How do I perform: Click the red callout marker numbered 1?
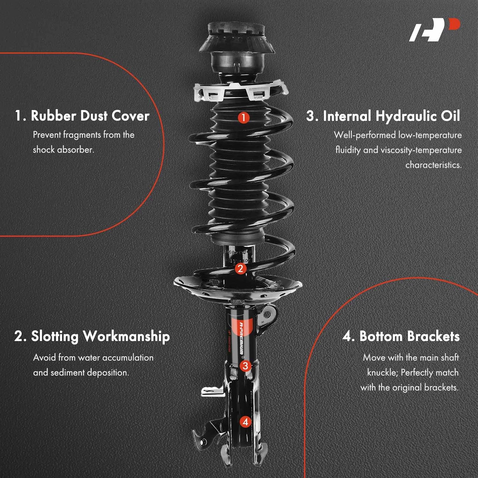[x=243, y=118]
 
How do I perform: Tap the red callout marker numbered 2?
[x=241, y=269]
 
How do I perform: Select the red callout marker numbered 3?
[x=245, y=366]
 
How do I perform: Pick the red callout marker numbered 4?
[x=245, y=422]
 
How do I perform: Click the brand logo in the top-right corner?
[x=435, y=30]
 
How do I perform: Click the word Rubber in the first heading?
[x=54, y=116]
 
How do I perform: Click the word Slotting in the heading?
[x=54, y=337]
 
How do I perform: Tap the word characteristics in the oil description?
[x=433, y=165]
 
